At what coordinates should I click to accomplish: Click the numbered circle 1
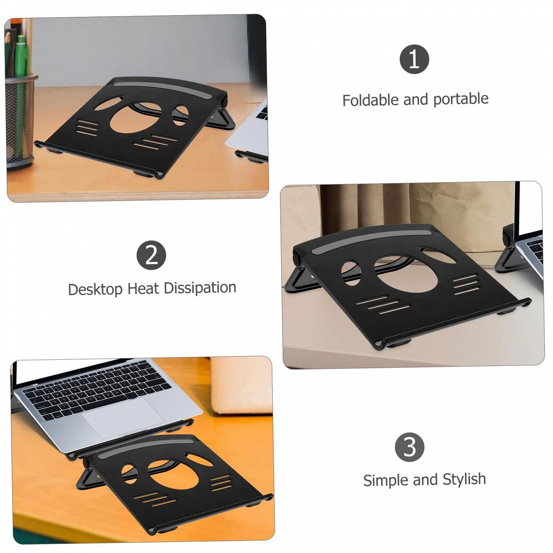point(414,59)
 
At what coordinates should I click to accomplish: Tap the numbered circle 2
point(151,255)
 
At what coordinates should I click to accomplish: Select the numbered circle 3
point(410,447)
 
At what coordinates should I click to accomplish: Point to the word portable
point(461,99)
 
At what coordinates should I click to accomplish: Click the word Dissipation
point(200,288)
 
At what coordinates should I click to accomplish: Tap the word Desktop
point(95,289)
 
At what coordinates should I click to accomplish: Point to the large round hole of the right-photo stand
point(406,273)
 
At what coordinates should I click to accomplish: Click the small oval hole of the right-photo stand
point(351,272)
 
